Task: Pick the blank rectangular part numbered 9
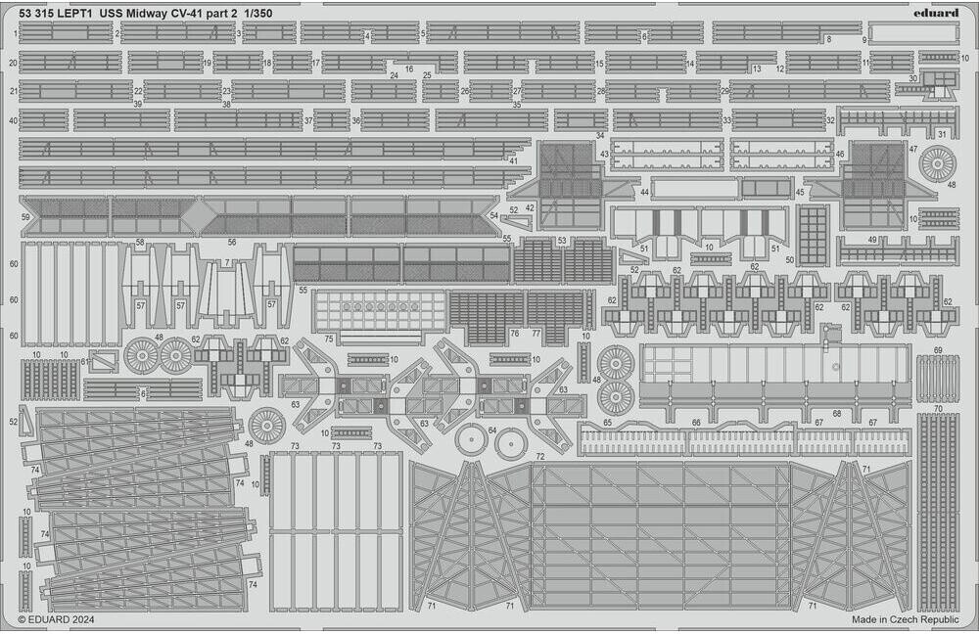[x=912, y=34]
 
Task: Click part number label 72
[x=539, y=457]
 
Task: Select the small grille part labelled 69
[x=937, y=379]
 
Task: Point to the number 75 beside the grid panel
[x=329, y=339]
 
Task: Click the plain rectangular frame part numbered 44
[x=693, y=188]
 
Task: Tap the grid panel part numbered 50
[x=813, y=235]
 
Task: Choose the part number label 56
[x=232, y=242]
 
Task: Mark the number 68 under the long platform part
[x=837, y=414]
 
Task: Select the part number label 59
[x=25, y=216]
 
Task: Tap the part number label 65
[x=608, y=422]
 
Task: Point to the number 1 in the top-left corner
[x=16, y=34]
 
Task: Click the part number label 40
[x=14, y=121]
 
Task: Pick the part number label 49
[x=872, y=240]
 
